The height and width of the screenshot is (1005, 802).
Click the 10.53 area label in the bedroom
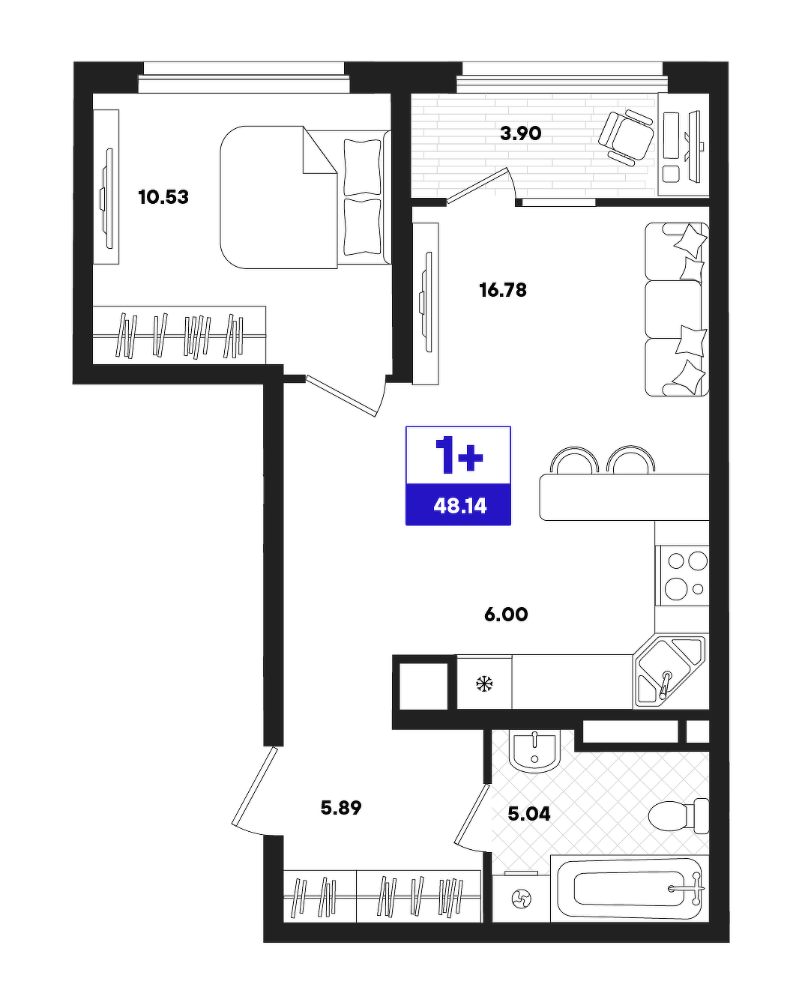[x=163, y=197]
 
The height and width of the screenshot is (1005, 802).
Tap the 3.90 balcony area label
[x=520, y=133]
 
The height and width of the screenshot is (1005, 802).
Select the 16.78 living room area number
[x=503, y=290]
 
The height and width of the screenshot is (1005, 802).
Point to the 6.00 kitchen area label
[x=506, y=614]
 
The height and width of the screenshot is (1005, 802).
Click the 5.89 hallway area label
[x=341, y=807]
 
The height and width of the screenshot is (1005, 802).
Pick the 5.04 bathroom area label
[x=528, y=814]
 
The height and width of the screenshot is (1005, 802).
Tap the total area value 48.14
[x=460, y=506]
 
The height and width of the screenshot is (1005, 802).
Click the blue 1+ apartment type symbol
[x=459, y=456]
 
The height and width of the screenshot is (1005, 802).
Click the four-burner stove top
[x=682, y=576]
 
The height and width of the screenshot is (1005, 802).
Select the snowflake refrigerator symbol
[x=484, y=685]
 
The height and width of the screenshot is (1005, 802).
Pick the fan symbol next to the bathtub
[x=521, y=899]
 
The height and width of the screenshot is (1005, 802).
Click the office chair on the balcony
[x=626, y=137]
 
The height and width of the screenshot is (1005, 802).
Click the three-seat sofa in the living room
[x=677, y=310]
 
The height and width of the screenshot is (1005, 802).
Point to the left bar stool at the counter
[x=575, y=459]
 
